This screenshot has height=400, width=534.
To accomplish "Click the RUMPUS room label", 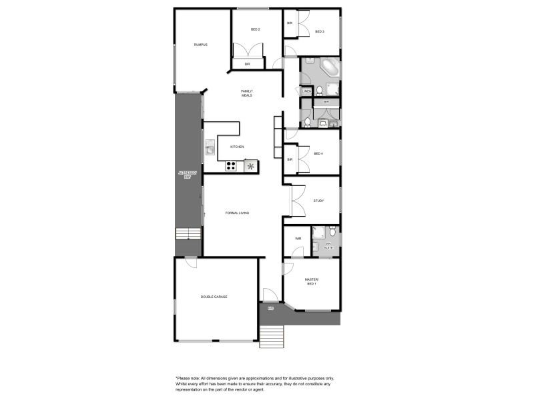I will tap(201, 45).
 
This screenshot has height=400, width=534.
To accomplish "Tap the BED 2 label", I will tap(255, 29).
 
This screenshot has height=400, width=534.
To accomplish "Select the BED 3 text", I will tap(320, 31).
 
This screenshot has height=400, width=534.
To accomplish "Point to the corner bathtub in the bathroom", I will tap(329, 68).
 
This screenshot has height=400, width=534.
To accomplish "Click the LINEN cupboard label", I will tap(307, 91).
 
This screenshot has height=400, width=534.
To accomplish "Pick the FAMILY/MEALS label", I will tap(247, 93).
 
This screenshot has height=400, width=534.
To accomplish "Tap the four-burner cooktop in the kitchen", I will tap(232, 166).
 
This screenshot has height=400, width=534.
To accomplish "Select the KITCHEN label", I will tap(237, 147).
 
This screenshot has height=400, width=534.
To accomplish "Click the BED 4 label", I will tap(318, 153).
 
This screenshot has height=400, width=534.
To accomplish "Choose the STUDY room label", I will tap(318, 200).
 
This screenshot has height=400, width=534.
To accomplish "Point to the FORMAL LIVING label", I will tap(237, 213).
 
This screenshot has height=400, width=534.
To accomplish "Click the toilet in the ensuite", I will tap(332, 231).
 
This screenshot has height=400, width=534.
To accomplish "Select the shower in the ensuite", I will tap(318, 232).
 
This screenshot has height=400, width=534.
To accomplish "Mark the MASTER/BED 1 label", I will tap(312, 281).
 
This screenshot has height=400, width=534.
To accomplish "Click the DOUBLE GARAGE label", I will tap(214, 297).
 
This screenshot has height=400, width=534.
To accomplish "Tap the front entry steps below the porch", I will tap(272, 337).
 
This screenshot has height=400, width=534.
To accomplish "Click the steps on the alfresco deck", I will tap(188, 234).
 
